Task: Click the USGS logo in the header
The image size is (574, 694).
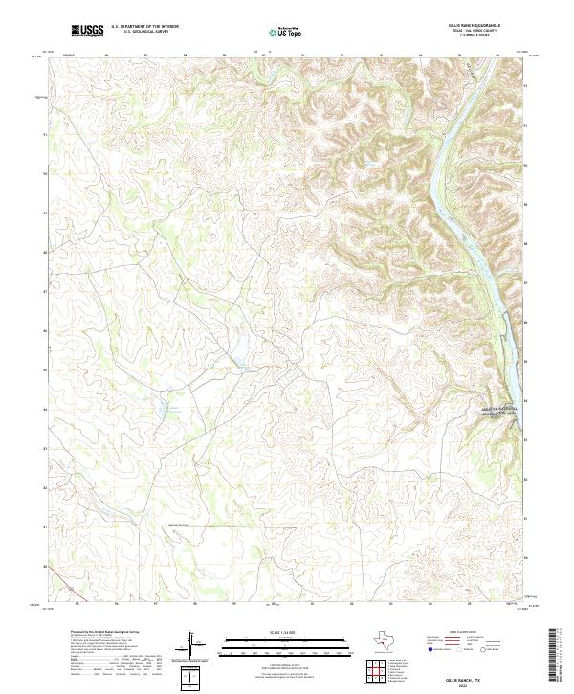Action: coord(87,31)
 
